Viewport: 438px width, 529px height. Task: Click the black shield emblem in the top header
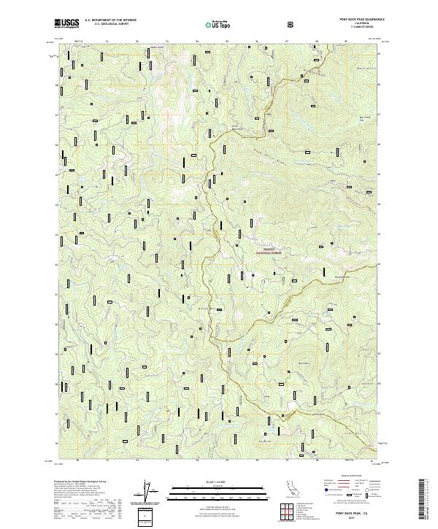click(x=292, y=24)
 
